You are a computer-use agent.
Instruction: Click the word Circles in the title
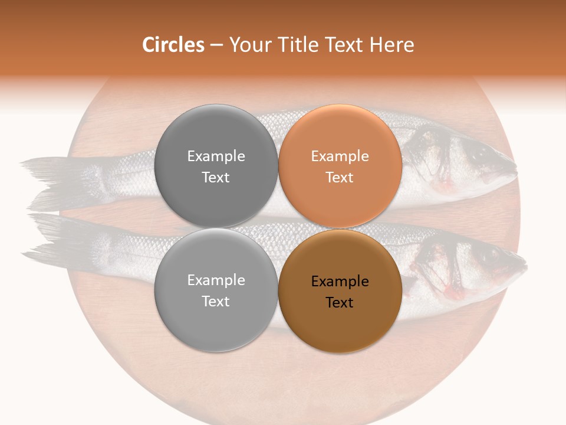tap(173, 45)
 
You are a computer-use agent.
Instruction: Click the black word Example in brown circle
tap(340, 282)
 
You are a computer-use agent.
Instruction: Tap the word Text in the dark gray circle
tap(216, 177)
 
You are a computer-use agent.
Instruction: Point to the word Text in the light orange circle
tap(340, 177)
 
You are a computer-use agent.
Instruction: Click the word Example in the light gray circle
tap(216, 280)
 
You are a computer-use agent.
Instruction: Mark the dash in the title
tap(216, 45)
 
